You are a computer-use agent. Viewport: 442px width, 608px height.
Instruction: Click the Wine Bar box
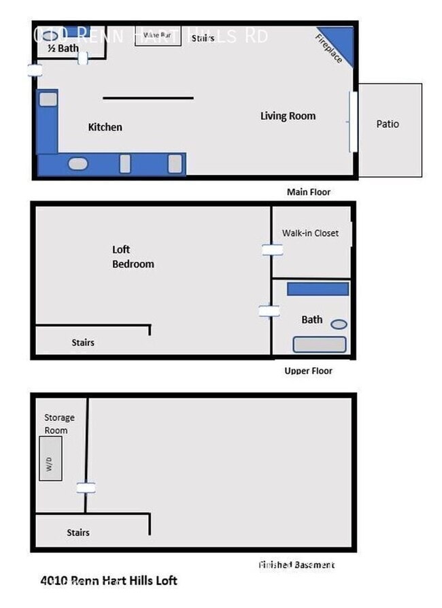click(158, 35)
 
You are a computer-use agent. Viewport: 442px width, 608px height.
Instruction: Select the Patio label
click(388, 124)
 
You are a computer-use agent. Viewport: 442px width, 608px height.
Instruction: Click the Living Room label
click(288, 116)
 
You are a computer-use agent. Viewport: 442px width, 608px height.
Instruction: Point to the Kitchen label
click(105, 127)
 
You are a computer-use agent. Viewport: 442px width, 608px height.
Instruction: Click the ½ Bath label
click(63, 48)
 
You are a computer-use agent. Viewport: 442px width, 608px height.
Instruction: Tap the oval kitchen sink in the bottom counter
click(78, 164)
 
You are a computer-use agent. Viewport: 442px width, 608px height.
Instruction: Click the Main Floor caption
click(309, 192)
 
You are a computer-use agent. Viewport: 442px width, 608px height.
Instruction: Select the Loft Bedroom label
click(133, 256)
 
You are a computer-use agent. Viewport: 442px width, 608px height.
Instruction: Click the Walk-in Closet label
click(310, 233)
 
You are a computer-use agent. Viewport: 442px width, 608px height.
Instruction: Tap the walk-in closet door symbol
click(272, 250)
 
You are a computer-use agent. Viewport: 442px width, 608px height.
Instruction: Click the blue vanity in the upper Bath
click(318, 289)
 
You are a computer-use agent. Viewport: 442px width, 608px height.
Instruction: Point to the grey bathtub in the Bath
click(320, 344)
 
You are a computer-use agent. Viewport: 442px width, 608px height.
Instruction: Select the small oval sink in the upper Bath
click(339, 324)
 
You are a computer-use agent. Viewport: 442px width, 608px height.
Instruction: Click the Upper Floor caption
click(308, 371)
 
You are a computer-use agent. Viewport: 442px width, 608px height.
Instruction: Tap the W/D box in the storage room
click(51, 458)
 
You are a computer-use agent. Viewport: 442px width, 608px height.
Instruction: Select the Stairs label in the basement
click(78, 533)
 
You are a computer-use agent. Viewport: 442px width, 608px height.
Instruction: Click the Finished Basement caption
click(296, 564)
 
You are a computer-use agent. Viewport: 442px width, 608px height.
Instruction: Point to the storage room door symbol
click(86, 488)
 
